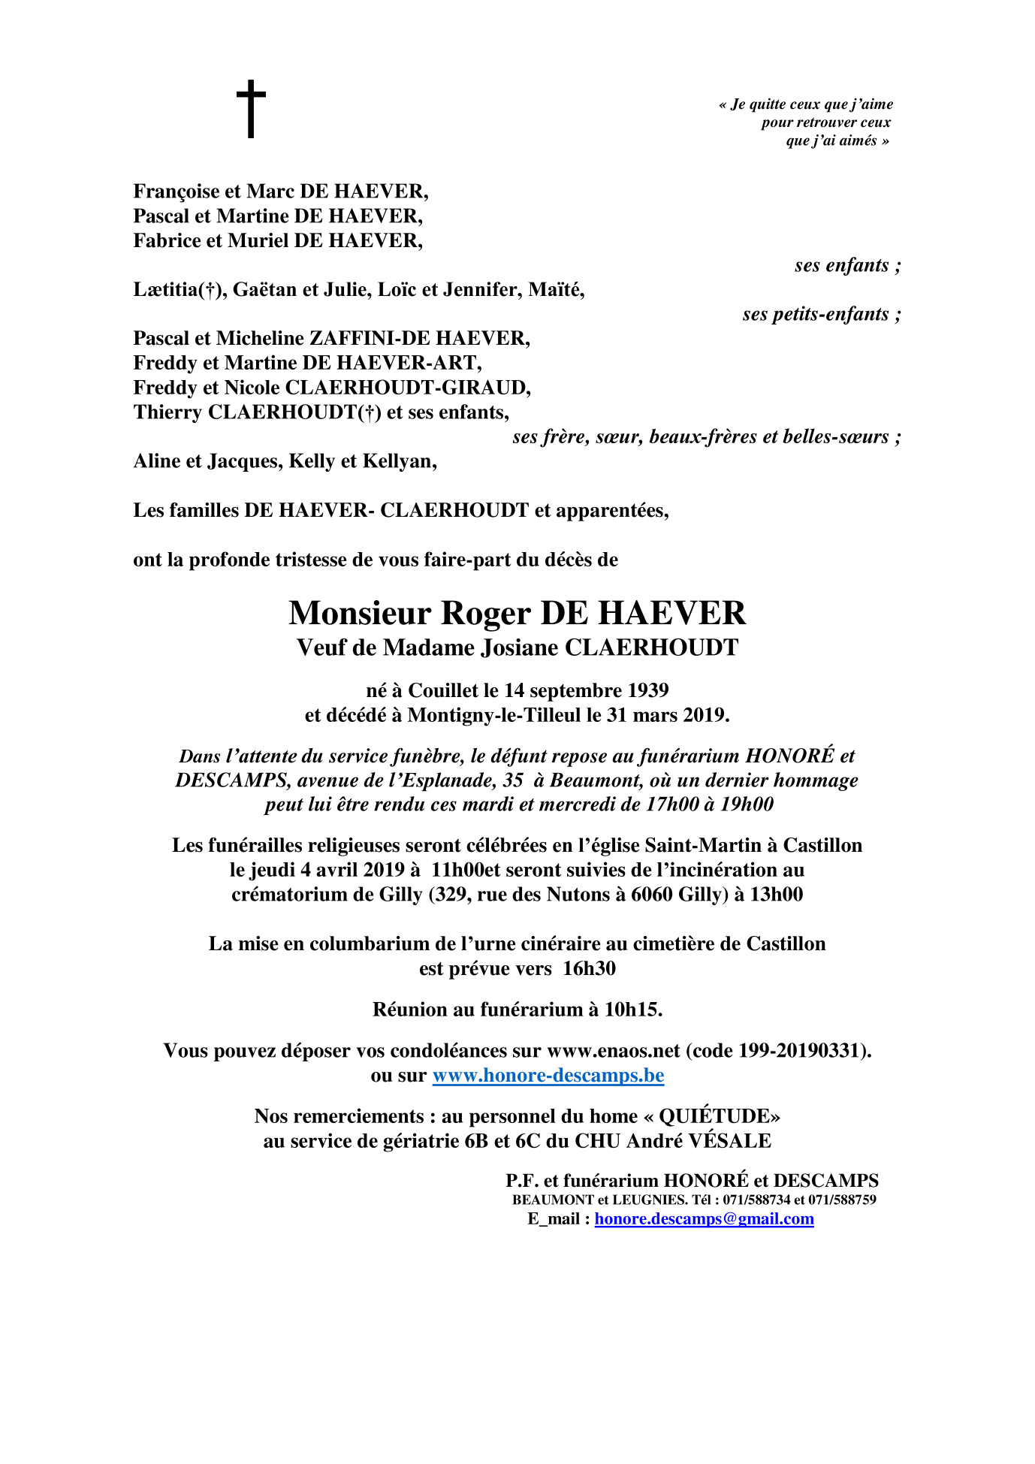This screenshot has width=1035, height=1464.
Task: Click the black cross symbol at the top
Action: pyautogui.click(x=251, y=109)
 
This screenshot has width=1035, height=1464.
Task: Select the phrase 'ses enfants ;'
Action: pyautogui.click(x=847, y=266)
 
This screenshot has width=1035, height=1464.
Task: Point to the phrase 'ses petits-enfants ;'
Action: pyautogui.click(x=821, y=315)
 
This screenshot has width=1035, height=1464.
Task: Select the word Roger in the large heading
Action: pyautogui.click(x=485, y=614)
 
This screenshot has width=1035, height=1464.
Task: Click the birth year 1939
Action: pyautogui.click(x=648, y=690)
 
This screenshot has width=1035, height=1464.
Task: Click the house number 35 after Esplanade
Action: pyautogui.click(x=513, y=780)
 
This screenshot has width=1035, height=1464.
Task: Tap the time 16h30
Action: pyautogui.click(x=589, y=969)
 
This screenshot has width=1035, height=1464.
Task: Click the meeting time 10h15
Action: pyautogui.click(x=632, y=1010)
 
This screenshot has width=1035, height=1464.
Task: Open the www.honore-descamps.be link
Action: pyautogui.click(x=548, y=1076)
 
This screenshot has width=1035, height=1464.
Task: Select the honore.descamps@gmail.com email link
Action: pyautogui.click(x=704, y=1218)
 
